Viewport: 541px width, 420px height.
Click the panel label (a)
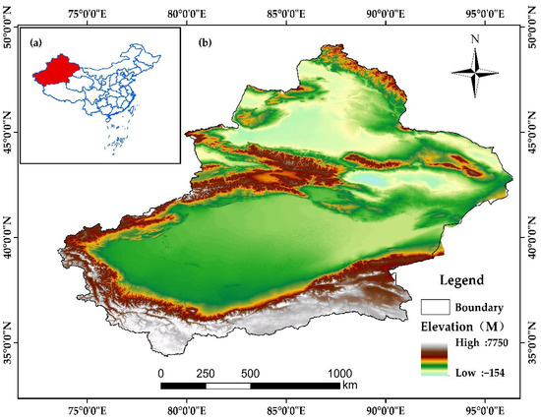(x=36, y=42)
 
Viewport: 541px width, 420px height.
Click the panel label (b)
(x=205, y=43)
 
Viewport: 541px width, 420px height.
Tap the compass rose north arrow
(x=475, y=73)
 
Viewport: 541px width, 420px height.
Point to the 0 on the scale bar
(x=160, y=374)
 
